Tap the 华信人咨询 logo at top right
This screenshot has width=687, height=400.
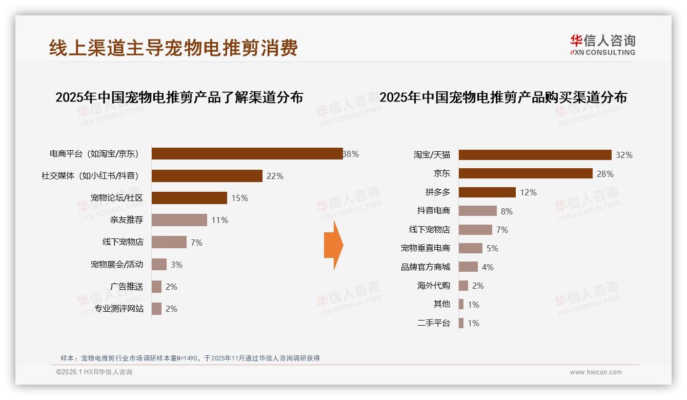click(602, 45)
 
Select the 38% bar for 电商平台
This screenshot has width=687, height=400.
click(247, 153)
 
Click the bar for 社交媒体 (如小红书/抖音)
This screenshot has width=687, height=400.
click(207, 176)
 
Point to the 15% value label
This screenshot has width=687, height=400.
click(239, 198)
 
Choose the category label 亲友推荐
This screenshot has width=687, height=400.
click(127, 220)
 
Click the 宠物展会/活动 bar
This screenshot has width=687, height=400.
click(159, 265)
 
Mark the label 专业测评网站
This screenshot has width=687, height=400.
click(119, 309)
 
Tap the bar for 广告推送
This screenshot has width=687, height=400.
click(156, 287)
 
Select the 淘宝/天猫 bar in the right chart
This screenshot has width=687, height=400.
click(535, 155)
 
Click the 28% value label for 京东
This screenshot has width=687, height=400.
click(605, 174)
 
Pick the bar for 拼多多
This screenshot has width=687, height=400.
click(487, 192)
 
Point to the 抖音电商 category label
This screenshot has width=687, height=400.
click(433, 211)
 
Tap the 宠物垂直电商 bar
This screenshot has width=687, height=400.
click(470, 248)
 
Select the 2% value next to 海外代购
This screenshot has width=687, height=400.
click(478, 286)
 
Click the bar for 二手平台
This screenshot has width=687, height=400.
click(461, 323)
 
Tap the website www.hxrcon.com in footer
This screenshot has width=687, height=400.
click(595, 372)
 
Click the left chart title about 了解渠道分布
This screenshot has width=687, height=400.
click(179, 97)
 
